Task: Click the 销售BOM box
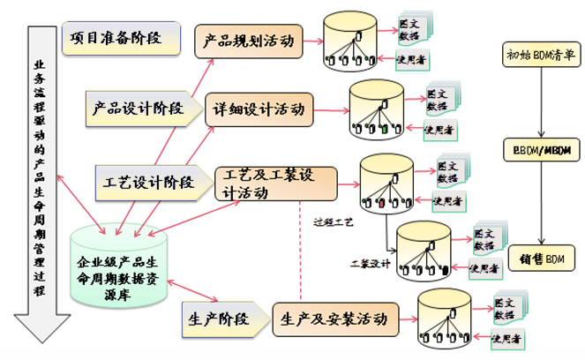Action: coord(542,257)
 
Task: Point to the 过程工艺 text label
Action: coord(334,225)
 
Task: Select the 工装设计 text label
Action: coord(370,262)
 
